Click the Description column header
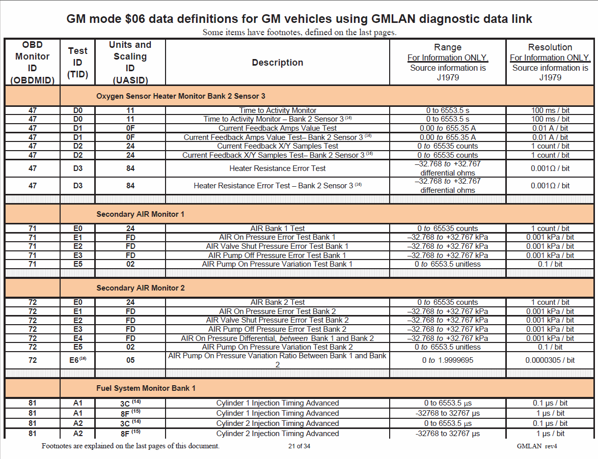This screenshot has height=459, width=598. [x=278, y=63]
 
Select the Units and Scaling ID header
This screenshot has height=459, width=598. [x=130, y=62]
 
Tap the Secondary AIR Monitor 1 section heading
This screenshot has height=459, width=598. [x=141, y=214]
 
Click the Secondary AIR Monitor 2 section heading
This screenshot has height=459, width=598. [x=141, y=288]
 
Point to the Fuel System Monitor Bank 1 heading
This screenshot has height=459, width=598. [x=146, y=388]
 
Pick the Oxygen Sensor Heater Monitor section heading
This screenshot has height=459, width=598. [x=181, y=96]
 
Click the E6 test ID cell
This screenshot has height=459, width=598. [x=77, y=360]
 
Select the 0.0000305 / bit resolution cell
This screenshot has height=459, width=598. [x=550, y=360]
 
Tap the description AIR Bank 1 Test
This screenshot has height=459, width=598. [x=278, y=228]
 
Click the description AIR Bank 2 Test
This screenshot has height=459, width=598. [x=278, y=302]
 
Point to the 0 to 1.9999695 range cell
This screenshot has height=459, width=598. [x=448, y=360]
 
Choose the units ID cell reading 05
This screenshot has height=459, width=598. [x=130, y=360]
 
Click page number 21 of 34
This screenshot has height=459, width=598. [x=299, y=446]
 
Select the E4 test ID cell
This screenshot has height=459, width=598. [x=77, y=338]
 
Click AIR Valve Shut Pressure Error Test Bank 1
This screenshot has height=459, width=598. [x=278, y=246]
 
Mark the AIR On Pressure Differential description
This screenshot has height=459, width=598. [x=278, y=338]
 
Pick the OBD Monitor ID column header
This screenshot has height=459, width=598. [x=32, y=62]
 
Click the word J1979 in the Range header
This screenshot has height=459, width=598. [x=448, y=77]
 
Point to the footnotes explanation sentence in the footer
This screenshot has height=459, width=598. [x=130, y=446]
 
